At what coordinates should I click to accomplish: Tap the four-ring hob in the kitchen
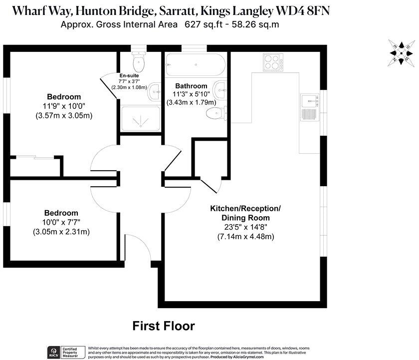point(273,62)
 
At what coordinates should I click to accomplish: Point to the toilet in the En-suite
point(139,62)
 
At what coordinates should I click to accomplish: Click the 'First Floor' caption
point(163,326)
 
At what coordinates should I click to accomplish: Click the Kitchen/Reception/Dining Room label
point(245,213)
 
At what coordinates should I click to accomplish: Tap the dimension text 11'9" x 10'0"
point(64,106)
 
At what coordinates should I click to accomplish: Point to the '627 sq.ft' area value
point(201,24)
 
